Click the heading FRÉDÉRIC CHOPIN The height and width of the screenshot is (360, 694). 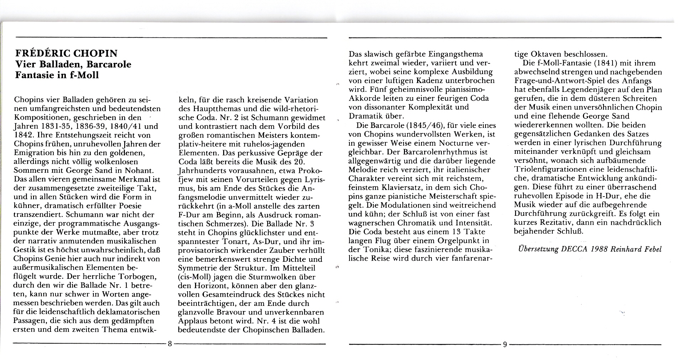[67, 53]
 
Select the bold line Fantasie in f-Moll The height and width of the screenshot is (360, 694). [57, 75]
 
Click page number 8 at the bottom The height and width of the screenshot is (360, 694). [170, 344]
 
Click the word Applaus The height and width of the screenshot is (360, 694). [193, 321]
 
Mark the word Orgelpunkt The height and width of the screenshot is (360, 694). [456, 241]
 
